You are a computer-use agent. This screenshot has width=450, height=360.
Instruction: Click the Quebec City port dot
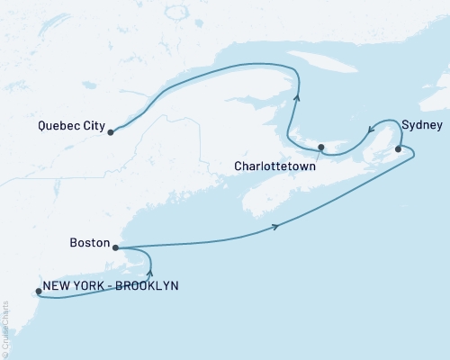coord(111,132)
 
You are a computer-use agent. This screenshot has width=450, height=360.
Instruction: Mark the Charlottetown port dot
coord(321,147)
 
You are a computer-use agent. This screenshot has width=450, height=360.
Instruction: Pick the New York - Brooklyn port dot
coord(38,291)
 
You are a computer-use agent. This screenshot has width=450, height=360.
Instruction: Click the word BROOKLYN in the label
coord(148,286)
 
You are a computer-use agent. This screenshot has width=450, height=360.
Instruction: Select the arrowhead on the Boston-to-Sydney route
coord(274,225)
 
